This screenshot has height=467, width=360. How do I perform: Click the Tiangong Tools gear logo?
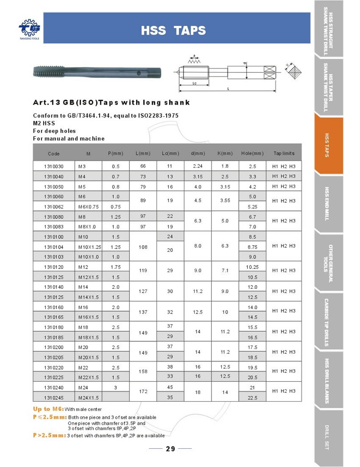[x=29, y=28]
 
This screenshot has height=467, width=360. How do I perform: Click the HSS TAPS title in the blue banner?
[x=173, y=30]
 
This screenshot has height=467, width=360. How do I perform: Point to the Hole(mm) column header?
[x=252, y=153]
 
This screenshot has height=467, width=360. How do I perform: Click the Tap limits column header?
[x=284, y=153]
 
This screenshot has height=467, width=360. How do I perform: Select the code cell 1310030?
[x=54, y=167]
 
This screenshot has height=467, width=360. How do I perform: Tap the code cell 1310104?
[x=54, y=246]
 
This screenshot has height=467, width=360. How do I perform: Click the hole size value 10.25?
[x=252, y=267]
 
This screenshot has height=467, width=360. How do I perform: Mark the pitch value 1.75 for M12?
[x=116, y=267]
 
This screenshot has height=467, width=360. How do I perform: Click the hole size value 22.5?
[x=252, y=397]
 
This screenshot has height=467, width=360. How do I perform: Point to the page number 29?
[x=171, y=449]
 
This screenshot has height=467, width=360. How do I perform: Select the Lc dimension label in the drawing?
[x=195, y=83]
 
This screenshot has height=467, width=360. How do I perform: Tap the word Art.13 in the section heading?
[x=47, y=103]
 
